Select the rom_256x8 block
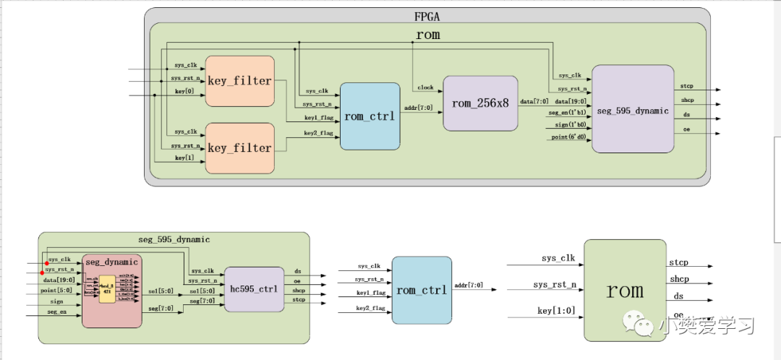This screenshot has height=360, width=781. click(x=480, y=103)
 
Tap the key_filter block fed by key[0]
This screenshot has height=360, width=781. click(x=240, y=80)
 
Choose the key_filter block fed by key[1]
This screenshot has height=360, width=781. click(x=240, y=147)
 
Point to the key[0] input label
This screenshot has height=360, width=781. click(x=185, y=92)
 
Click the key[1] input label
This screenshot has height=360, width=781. click(x=185, y=158)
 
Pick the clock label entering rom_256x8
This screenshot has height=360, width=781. click(x=425, y=87)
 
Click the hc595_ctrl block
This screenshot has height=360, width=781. click(x=253, y=289)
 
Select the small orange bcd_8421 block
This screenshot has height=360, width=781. click(x=107, y=287)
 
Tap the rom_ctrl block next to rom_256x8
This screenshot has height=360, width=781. click(x=370, y=116)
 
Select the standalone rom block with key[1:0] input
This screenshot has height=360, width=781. click(x=623, y=291)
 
